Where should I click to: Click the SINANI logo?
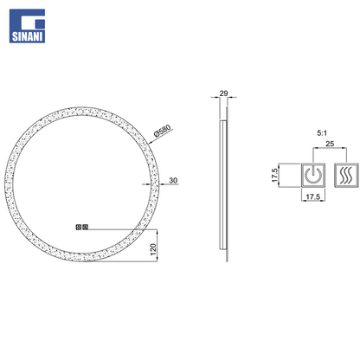(27, 26)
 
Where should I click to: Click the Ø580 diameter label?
(163, 131)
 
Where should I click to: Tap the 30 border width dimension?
(173, 180)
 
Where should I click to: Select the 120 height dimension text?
(153, 249)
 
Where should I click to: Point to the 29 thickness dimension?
(223, 93)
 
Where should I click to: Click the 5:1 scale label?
(322, 133)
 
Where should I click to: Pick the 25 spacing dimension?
(330, 144)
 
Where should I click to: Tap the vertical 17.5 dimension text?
(274, 176)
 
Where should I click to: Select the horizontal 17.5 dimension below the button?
(313, 196)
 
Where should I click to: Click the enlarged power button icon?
(313, 176)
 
